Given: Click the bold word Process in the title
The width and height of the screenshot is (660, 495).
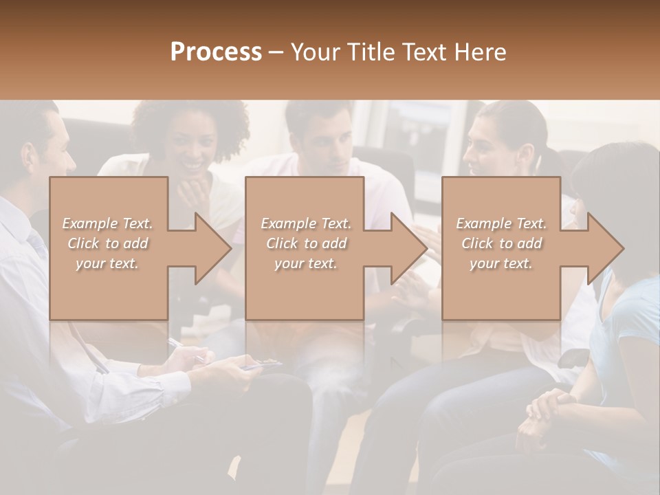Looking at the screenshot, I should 216,52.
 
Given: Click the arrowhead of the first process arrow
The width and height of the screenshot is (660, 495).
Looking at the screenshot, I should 213,248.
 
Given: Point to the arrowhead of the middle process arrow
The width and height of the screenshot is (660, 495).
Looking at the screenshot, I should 410,248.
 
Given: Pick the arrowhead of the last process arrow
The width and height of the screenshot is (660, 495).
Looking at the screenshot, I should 606,248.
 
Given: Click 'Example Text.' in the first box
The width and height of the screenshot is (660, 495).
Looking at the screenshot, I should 107,223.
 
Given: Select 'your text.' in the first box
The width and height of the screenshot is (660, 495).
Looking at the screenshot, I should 107,263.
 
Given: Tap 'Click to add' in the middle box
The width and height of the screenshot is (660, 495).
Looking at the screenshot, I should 306,243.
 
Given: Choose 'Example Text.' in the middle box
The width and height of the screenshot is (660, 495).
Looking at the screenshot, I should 306,223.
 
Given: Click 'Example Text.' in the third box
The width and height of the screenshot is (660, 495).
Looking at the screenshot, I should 501,223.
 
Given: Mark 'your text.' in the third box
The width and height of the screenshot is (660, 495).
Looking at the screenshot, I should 501,263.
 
